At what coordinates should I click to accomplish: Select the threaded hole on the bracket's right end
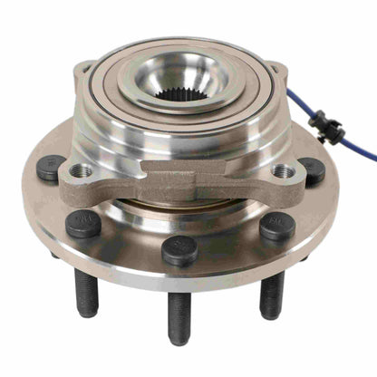[283, 170]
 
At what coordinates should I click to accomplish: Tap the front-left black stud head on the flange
[83, 223]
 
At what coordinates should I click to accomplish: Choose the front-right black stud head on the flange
[276, 226]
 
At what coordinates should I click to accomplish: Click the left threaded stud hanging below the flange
[86, 292]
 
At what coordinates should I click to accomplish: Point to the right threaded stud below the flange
[272, 294]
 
